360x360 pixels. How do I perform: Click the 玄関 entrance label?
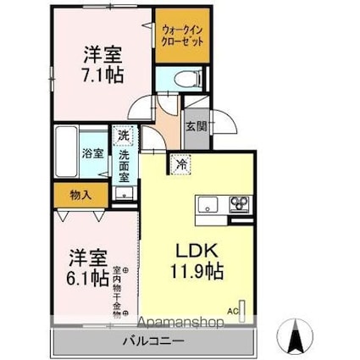click(x=196, y=127)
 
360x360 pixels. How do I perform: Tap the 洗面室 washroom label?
click(x=125, y=161)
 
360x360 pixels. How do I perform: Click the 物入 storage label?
click(x=80, y=195)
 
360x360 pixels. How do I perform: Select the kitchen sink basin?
click(x=208, y=205)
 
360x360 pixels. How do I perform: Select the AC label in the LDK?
click(x=231, y=311)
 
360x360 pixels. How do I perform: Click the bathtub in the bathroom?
click(x=65, y=152)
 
